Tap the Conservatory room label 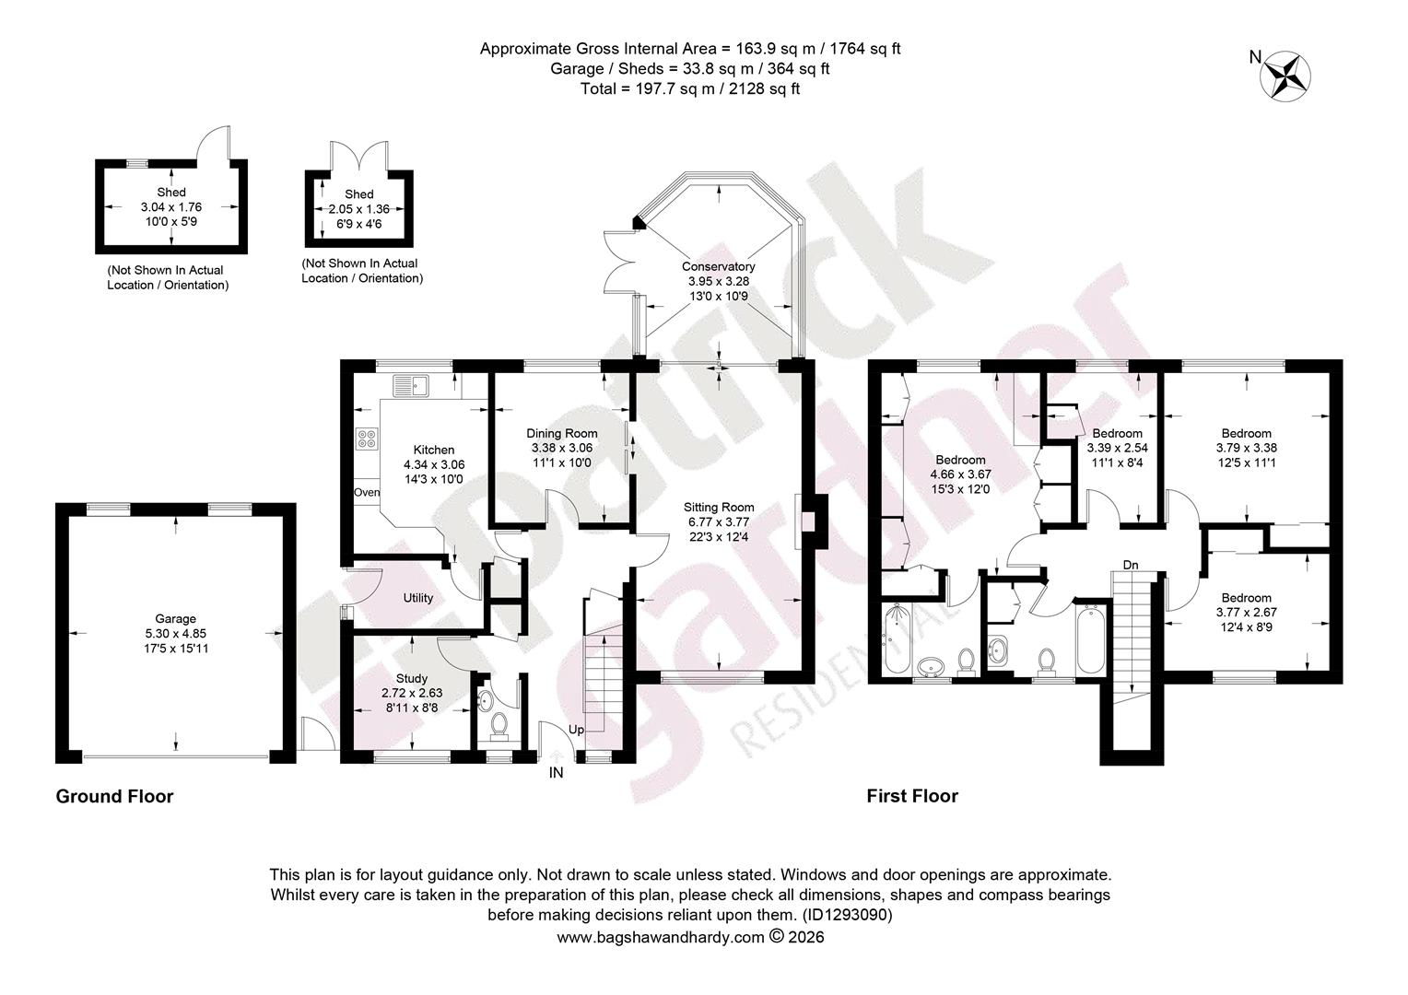[718, 266]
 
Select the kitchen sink [410, 386]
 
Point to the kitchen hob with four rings [367, 439]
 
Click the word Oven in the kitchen [367, 492]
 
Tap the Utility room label [418, 598]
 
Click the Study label [412, 678]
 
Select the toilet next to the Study [499, 724]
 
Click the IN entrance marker [556, 772]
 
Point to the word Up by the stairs [576, 730]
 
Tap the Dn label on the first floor [1130, 565]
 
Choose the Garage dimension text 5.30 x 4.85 [175, 634]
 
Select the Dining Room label [561, 433]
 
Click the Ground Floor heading [114, 796]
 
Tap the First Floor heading [912, 796]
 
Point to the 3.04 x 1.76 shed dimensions [171, 206]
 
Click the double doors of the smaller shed [359, 156]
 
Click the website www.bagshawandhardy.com [660, 937]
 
